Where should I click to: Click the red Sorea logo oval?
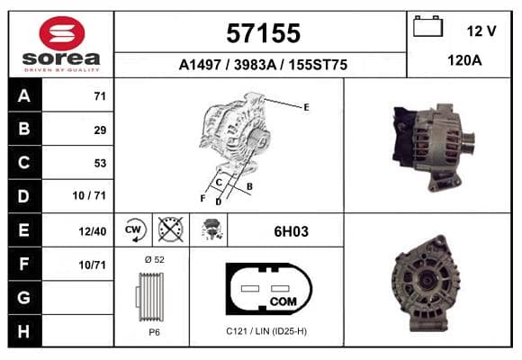62,33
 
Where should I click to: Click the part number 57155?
264,33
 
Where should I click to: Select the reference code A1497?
200,65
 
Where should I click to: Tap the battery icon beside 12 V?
427,26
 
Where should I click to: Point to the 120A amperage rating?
464,60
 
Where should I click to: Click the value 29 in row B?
100,130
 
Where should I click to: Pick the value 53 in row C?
100,163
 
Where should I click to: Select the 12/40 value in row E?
92,231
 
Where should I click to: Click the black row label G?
24,298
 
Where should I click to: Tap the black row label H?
24,331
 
